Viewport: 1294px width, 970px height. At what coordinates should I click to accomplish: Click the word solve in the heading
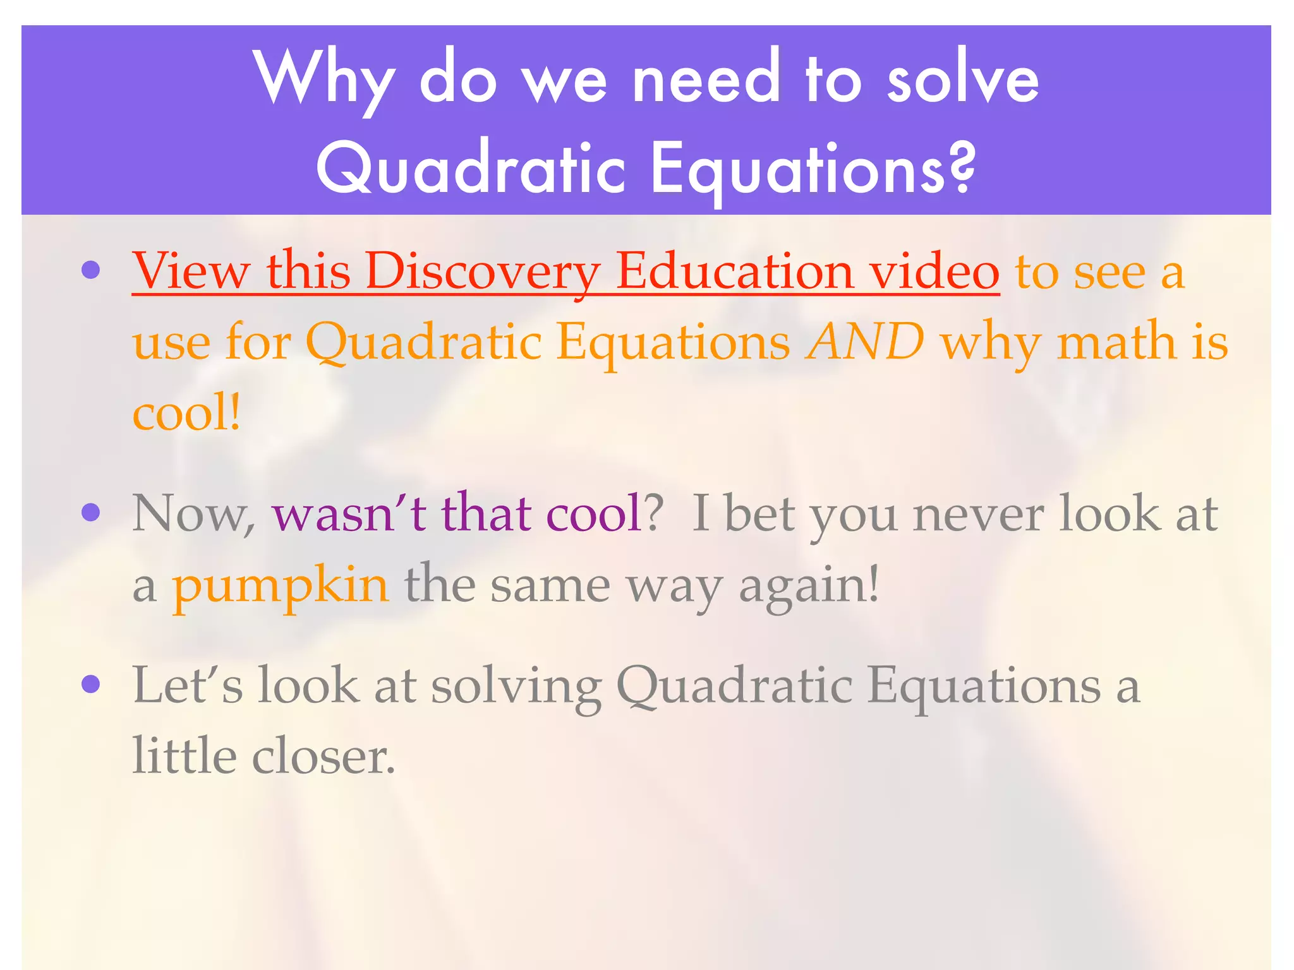963,79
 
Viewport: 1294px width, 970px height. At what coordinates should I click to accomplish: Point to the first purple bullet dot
91,270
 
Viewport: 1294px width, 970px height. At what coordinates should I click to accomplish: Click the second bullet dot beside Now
91,512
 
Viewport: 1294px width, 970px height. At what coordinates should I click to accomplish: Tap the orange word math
1116,341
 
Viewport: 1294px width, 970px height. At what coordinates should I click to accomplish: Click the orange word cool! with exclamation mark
186,412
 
